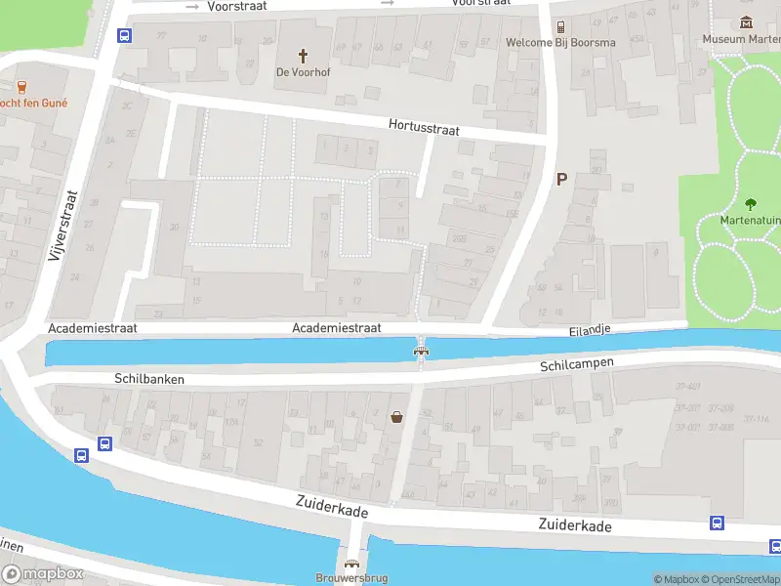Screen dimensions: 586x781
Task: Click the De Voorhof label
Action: [x=303, y=71]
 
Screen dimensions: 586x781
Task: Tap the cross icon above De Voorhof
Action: [x=304, y=55]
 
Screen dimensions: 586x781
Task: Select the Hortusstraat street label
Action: [x=423, y=129]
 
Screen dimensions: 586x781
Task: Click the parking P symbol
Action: [x=561, y=179]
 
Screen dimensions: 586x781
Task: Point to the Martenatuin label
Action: [x=750, y=221]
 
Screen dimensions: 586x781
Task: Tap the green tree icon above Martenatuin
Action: [x=750, y=204]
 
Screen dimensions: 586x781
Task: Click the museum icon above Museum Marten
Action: [x=747, y=22]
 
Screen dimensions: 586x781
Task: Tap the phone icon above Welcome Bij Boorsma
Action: [x=560, y=25]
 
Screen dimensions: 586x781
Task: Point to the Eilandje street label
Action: [x=590, y=330]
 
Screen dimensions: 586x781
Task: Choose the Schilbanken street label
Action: [x=148, y=379]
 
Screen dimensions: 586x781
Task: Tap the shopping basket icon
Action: [x=397, y=417]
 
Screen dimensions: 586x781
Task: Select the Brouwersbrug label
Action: [x=350, y=578]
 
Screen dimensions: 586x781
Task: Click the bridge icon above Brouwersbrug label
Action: [x=351, y=564]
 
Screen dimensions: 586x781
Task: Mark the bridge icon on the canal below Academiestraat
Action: [x=422, y=350]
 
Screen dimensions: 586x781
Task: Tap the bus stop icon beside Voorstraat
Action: [x=124, y=36]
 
